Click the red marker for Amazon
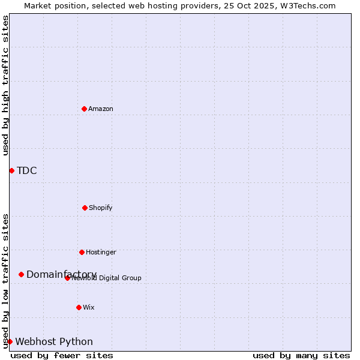(84, 109)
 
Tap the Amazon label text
(101, 109)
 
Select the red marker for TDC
(11, 170)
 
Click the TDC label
(27, 171)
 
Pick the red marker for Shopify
(85, 208)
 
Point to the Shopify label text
(101, 208)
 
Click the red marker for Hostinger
(82, 252)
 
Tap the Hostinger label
(101, 253)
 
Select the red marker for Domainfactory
(21, 274)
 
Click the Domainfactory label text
(61, 275)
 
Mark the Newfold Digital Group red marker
(67, 278)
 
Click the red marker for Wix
(79, 307)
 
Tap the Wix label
(89, 308)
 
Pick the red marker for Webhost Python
(10, 341)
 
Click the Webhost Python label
(54, 342)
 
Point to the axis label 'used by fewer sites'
(62, 355)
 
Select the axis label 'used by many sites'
(301, 355)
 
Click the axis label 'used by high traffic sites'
(6, 85)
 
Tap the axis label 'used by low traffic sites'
(6, 280)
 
